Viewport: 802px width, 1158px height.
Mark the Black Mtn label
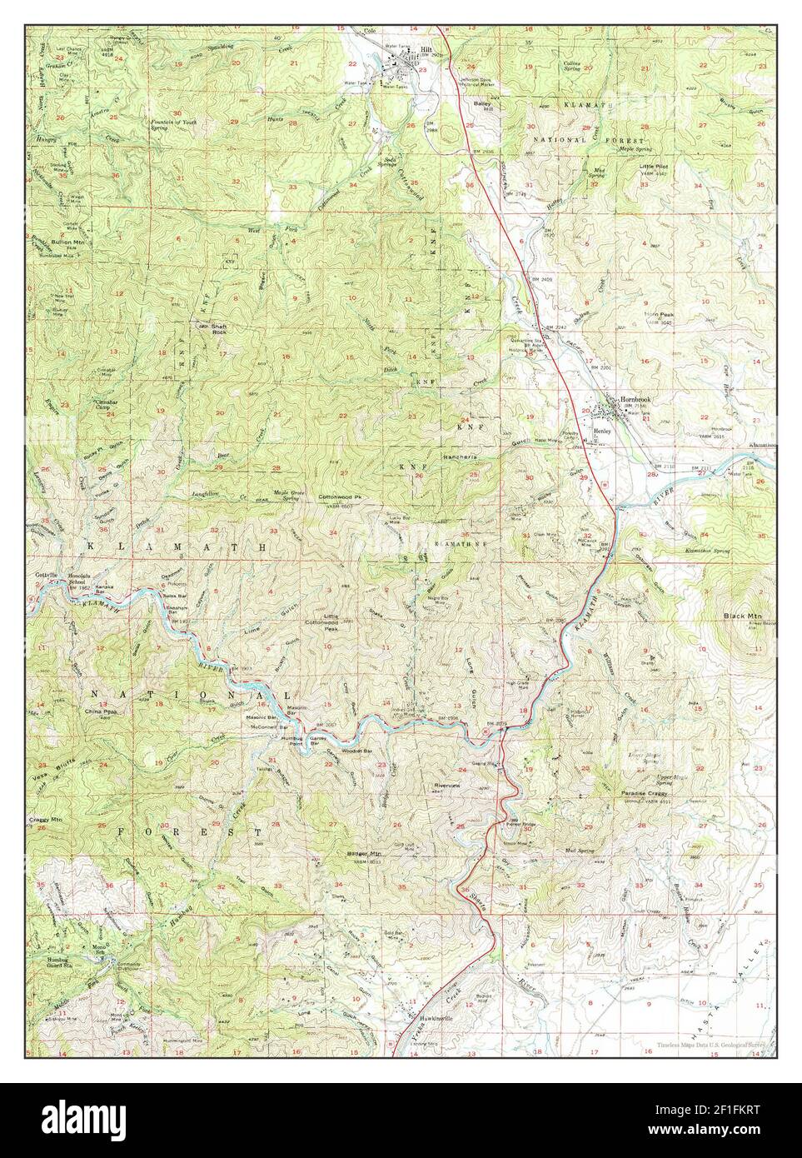click(739, 616)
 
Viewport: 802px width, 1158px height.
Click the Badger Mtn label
click(364, 854)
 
